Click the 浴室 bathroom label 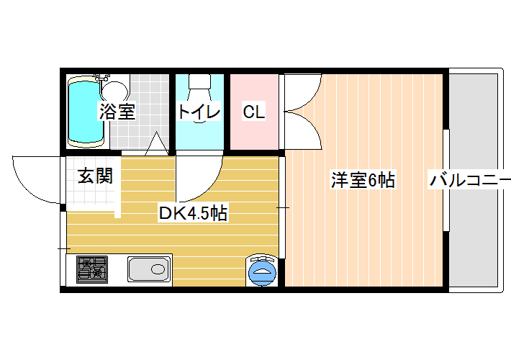(117, 112)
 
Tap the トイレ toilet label (199, 112)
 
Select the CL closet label (254, 112)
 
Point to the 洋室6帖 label (363, 179)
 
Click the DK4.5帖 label (193, 213)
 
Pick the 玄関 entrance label (95, 176)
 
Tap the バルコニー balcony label (470, 180)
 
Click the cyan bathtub (86, 112)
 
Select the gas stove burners (92, 269)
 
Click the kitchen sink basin (149, 269)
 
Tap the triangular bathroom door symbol (157, 143)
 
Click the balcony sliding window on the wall (446, 180)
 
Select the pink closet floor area (255, 112)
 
